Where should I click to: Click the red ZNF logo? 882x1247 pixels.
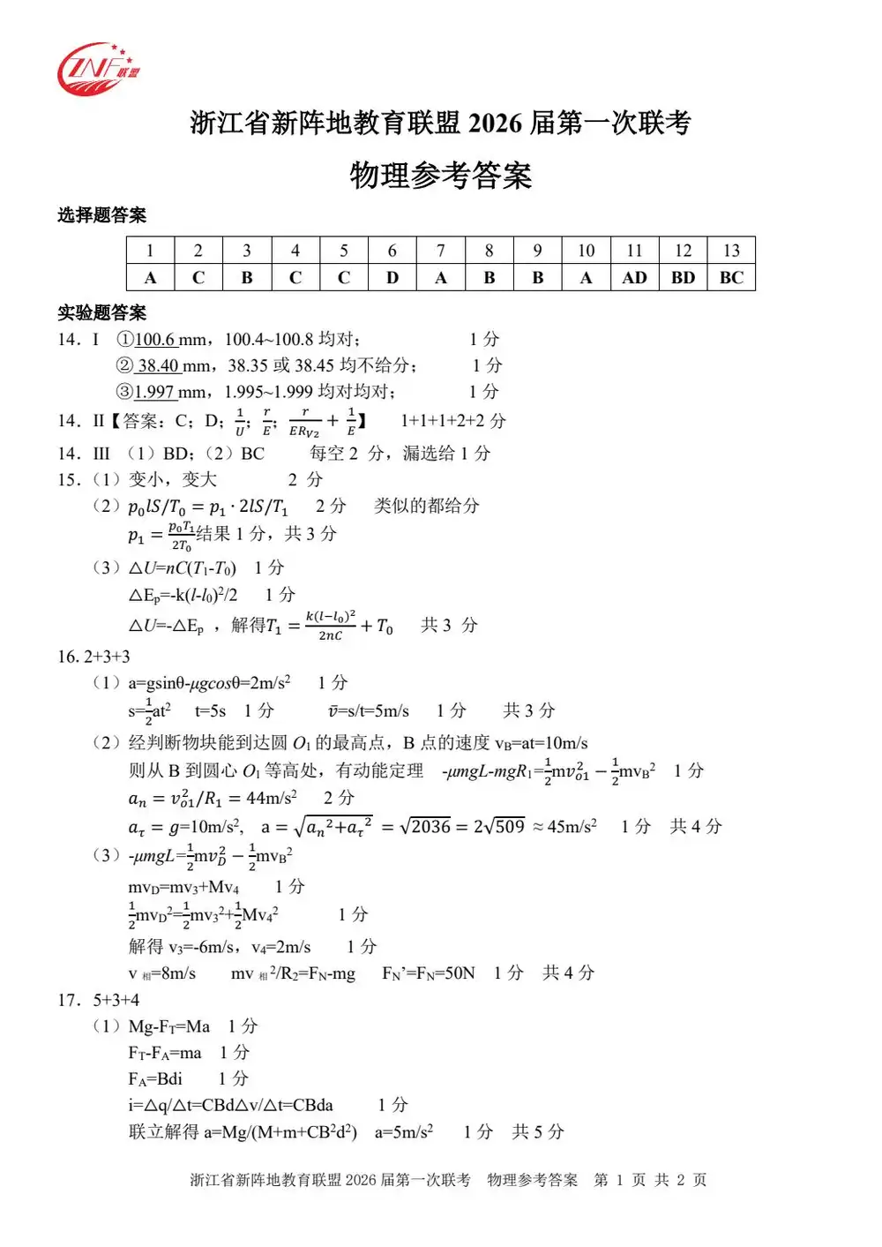[97, 68]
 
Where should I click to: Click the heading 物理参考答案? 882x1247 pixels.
[440, 176]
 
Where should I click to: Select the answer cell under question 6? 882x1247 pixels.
[392, 277]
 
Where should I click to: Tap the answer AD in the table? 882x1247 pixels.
[634, 277]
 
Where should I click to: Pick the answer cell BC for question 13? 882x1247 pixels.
[731, 277]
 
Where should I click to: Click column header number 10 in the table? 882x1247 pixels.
[586, 251]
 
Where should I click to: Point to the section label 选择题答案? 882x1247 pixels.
[101, 215]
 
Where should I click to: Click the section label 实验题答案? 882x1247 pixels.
[101, 313]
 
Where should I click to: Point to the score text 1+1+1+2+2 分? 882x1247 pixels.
[452, 421]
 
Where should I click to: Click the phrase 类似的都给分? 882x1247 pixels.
[426, 506]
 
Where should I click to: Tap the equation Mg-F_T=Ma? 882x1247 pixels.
[169, 1026]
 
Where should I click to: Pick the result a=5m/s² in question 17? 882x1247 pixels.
[404, 1131]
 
